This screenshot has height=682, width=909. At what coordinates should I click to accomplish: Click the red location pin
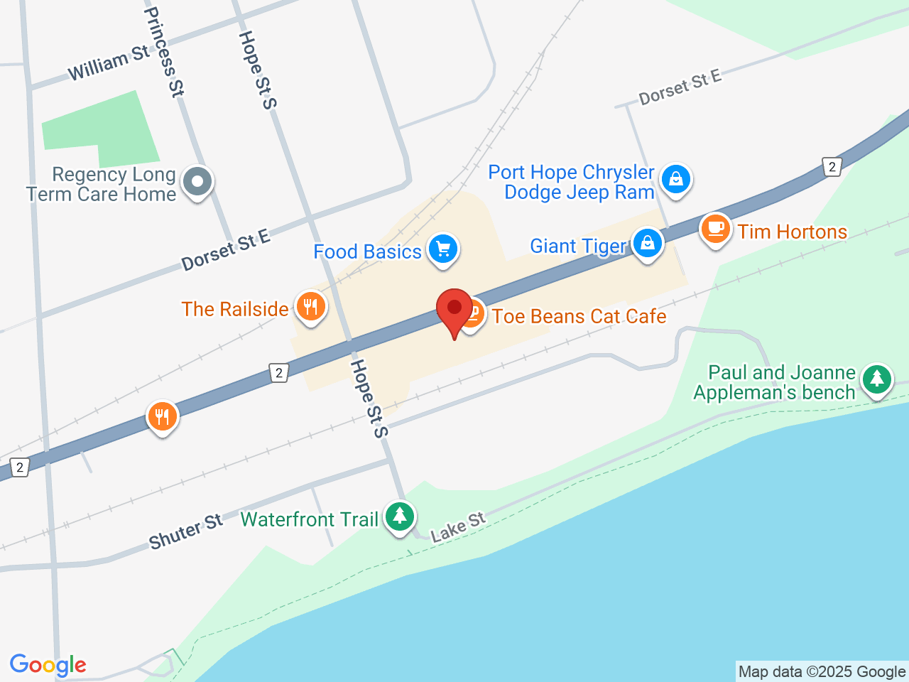pos(454,310)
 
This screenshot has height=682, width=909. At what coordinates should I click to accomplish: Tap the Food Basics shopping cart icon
pos(443,249)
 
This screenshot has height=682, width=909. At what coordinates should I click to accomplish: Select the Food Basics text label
pos(367,251)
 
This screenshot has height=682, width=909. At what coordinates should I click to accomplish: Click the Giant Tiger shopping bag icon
pos(647,243)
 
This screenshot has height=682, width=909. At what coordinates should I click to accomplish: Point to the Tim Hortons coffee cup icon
pos(716,229)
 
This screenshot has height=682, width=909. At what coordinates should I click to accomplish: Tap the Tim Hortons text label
pos(792,232)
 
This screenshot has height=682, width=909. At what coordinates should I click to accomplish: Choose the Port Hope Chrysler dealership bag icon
pos(675,178)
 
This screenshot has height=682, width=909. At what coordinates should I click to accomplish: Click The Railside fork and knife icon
pos(310,306)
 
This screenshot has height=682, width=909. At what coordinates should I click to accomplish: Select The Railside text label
pos(234,309)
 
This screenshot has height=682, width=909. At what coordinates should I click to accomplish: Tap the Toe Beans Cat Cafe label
pos(579,316)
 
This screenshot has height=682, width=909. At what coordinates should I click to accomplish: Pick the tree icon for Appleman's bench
pos(877,378)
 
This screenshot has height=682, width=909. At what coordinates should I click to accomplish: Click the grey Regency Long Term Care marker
pos(197,181)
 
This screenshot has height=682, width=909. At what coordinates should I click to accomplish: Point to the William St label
pos(109,63)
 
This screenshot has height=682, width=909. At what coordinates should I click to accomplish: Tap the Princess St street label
pos(164,51)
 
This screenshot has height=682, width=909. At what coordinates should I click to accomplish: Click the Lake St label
pos(458,527)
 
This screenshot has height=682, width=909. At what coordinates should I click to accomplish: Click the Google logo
pos(48,665)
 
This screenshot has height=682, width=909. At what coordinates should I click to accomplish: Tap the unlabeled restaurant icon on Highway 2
pos(163,416)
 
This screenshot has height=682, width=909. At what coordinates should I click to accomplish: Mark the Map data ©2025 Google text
pos(822,671)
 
